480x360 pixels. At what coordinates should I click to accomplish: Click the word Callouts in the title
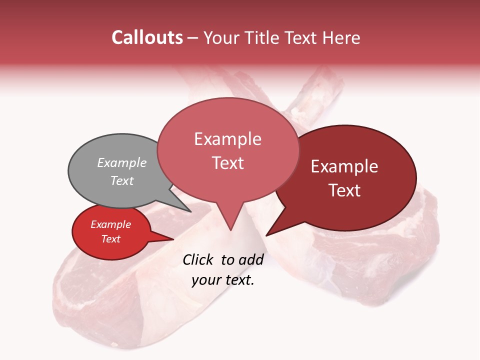147,37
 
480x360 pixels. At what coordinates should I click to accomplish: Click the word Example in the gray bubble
122,162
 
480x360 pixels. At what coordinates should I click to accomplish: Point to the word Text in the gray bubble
122,180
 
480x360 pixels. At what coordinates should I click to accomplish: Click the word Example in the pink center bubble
227,139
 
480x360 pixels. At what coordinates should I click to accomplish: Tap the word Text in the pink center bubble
227,163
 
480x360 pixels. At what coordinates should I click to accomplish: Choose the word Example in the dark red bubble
344,166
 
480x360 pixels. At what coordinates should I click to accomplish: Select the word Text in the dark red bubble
344,190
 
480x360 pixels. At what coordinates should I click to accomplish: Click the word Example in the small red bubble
110,224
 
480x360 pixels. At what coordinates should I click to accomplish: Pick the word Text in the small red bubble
110,239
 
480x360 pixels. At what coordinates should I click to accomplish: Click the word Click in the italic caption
198,259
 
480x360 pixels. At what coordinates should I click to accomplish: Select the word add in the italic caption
251,259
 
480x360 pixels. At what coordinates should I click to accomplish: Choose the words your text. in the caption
223,280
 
